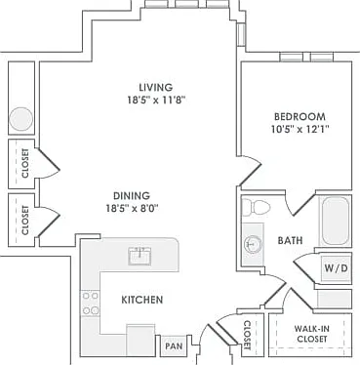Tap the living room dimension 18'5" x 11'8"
coord(156,100)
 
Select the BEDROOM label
coord(300,116)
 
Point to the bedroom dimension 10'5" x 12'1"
coord(300,129)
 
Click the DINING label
coord(132,196)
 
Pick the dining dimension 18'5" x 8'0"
coord(132,208)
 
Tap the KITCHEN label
coord(142,300)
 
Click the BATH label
coord(290,240)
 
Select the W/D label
coord(337,268)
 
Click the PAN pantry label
coord(174,345)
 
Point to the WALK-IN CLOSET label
coord(311,334)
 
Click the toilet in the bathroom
coord(257,207)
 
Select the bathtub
coord(336,221)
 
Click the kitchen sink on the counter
coord(140,256)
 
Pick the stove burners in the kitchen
coord(90,304)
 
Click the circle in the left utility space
coord(20,119)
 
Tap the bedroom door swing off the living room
coord(251,171)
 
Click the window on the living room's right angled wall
coord(241,34)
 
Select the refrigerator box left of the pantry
coord(140,340)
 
